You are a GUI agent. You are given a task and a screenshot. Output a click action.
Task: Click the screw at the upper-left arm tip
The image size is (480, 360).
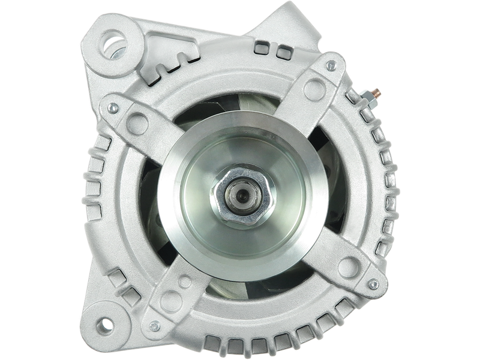[112, 108]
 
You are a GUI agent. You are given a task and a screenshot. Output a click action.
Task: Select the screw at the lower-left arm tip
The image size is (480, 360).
[155, 326]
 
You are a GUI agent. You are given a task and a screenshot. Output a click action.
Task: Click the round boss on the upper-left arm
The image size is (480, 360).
[140, 123]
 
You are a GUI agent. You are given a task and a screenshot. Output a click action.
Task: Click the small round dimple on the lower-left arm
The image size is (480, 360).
[185, 280]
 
